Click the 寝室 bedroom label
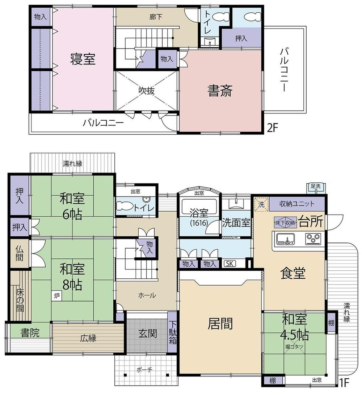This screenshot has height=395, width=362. tap(83, 59)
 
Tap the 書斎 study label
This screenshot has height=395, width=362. tap(220, 91)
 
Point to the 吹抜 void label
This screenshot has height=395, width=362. tap(147, 91)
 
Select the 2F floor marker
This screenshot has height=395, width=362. tap(272, 128)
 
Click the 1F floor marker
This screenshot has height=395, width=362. tap(345, 383)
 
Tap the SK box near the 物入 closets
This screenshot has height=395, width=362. tap(230, 264)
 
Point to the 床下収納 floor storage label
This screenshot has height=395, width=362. tap(285, 223)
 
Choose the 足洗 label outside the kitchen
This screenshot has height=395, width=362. tap(316, 186)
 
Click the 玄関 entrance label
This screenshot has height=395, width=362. tap(148, 334)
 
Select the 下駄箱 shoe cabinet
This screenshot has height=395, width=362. tap(172, 332)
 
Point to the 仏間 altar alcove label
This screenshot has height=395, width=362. tap(20, 253)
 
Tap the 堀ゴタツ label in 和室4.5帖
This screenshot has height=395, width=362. tap(294, 347)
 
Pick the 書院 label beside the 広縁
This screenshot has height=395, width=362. tap(30, 333)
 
